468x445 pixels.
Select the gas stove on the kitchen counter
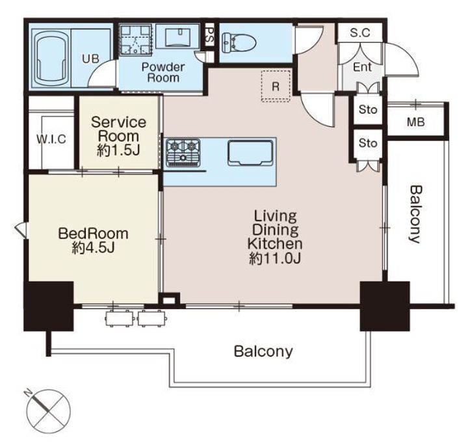click(183, 153)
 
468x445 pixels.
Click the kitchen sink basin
click(250, 153)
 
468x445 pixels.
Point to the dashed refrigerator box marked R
click(276, 86)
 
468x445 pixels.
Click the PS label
click(210, 35)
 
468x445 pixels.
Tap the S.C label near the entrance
click(360, 33)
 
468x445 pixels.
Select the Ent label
click(362, 67)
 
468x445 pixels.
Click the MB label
click(416, 122)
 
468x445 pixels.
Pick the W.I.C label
click(51, 139)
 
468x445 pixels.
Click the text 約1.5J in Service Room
click(118, 151)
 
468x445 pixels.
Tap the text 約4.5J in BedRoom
click(94, 248)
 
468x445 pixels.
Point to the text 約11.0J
click(275, 259)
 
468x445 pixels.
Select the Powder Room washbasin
click(177, 36)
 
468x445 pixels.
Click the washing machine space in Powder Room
click(135, 40)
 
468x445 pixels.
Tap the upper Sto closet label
click(368, 109)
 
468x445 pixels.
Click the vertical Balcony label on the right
click(415, 215)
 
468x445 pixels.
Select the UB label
click(91, 59)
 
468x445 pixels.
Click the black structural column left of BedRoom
click(49, 306)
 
